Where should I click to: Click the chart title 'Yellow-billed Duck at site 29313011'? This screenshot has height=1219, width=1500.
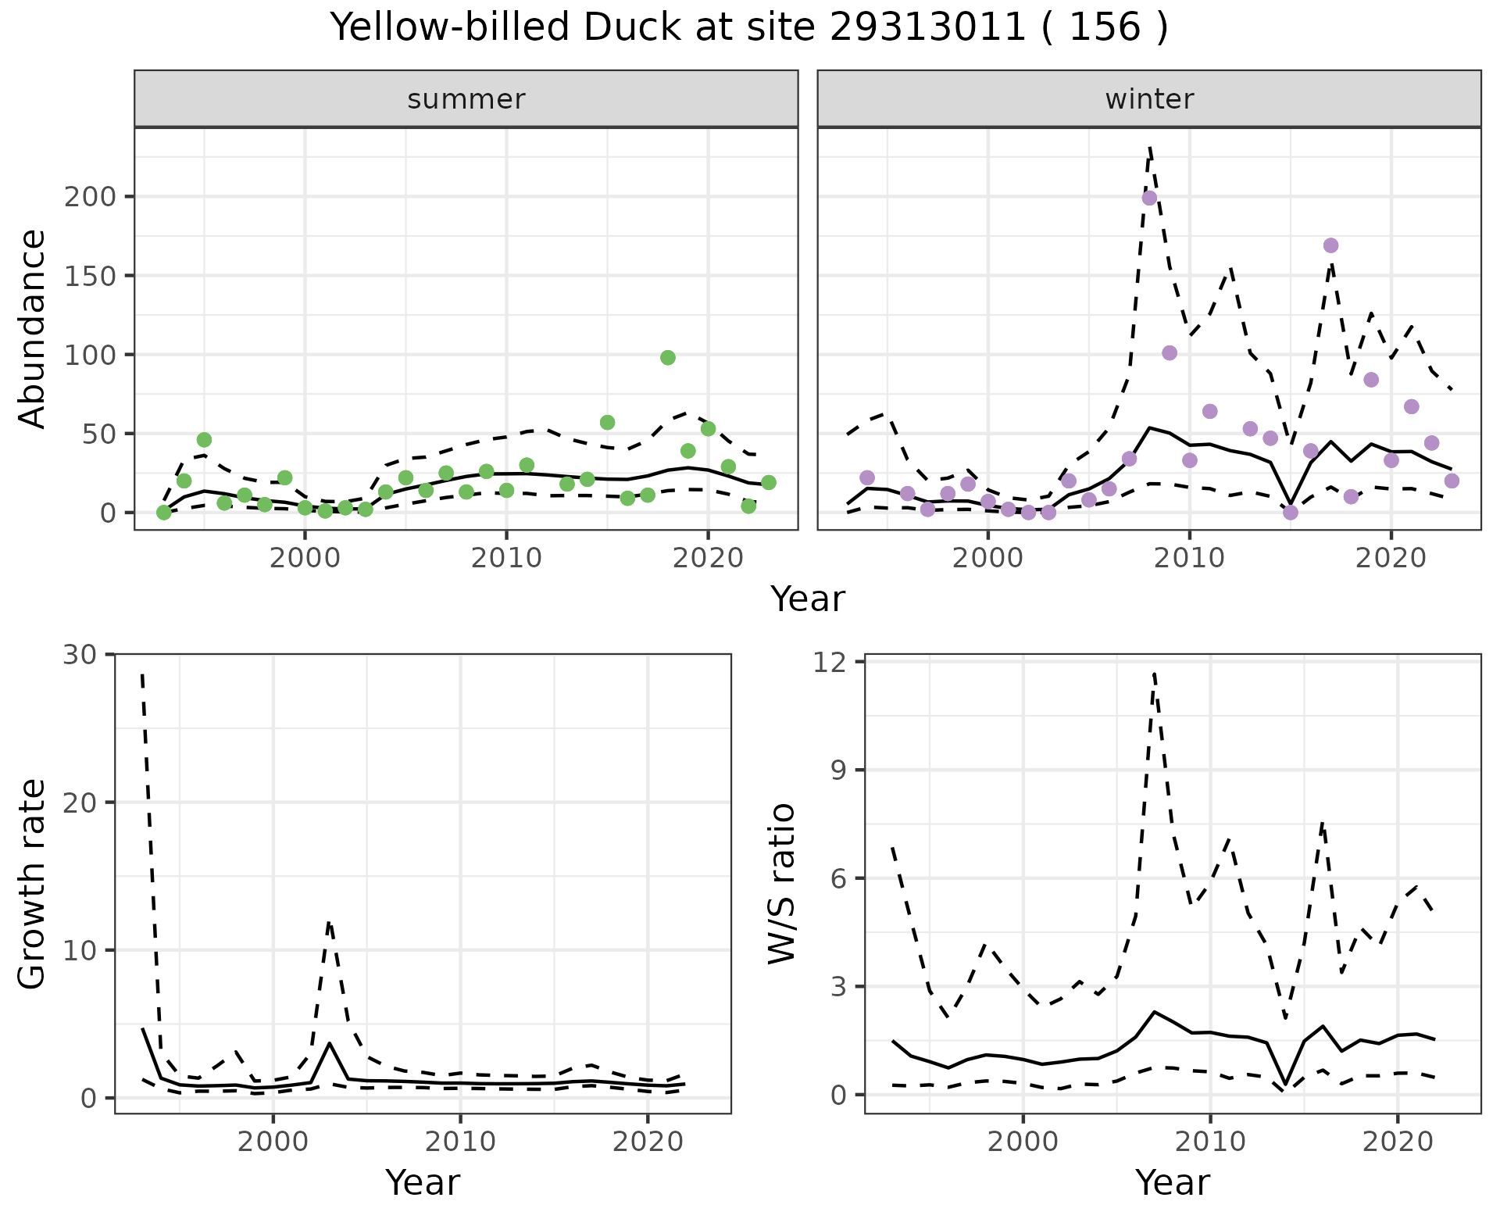(x=748, y=28)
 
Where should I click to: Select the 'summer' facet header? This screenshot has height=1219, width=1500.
(x=466, y=99)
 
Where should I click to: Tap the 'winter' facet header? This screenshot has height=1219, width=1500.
(x=1148, y=99)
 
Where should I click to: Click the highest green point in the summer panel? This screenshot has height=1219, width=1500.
(x=667, y=358)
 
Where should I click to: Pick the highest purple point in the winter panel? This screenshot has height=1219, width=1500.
(x=1149, y=198)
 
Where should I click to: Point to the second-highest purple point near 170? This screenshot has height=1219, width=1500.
(x=1331, y=245)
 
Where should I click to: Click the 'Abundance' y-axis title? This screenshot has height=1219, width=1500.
(x=33, y=329)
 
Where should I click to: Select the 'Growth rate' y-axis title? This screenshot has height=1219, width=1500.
(x=33, y=884)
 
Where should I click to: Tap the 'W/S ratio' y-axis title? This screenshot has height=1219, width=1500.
(x=781, y=884)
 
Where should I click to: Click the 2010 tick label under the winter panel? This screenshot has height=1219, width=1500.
(x=1189, y=559)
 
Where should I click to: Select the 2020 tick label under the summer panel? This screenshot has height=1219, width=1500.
(x=708, y=559)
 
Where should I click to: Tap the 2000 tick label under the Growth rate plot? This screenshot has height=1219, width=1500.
(x=273, y=1142)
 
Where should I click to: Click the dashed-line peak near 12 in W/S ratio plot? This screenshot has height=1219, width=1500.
(x=1154, y=674)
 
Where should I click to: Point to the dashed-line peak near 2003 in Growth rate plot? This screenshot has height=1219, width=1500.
(x=330, y=924)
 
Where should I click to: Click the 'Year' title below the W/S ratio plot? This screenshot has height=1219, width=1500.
(x=1172, y=1182)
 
